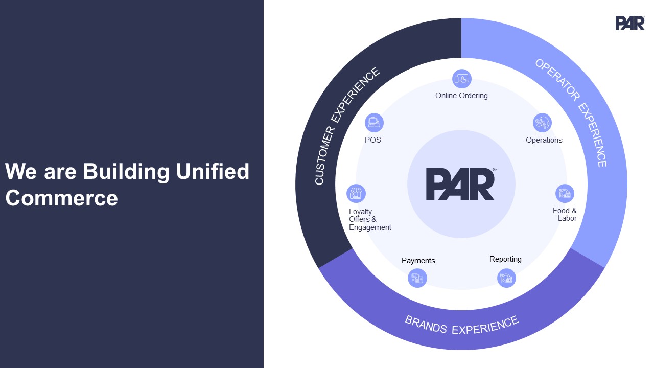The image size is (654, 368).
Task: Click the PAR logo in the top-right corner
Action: point(629,23)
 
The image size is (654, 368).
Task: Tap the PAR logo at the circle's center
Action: point(460,184)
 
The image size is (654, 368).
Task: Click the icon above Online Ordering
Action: point(462,79)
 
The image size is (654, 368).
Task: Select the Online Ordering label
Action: point(461,96)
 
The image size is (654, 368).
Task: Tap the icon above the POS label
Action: point(374,123)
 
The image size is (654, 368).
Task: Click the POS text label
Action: point(373,140)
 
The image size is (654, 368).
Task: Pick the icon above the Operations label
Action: point(542,123)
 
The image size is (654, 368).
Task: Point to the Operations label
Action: point(544,140)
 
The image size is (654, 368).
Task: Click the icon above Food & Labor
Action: point(565,194)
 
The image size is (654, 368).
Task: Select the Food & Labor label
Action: point(565,214)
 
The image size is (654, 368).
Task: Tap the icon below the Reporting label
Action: point(506,278)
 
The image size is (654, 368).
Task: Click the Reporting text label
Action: point(505,259)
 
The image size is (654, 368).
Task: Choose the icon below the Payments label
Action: point(417,279)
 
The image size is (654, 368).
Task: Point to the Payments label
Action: point(418,261)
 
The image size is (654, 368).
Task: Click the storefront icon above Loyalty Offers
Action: point(356,194)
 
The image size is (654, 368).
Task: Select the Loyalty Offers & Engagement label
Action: point(369,219)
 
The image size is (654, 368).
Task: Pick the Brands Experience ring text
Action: point(461,325)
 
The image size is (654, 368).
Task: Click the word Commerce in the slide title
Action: point(62,198)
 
